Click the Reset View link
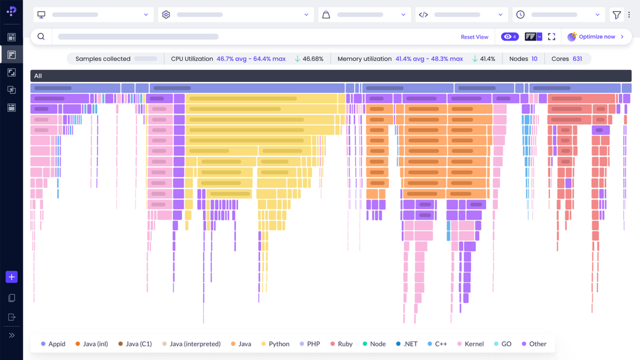coord(474,37)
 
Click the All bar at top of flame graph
coord(331,76)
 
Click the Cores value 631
coord(577,59)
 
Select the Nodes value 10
coord(534,59)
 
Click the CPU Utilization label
coord(192,59)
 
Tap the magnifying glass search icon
coord(41,37)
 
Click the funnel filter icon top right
coord(617,15)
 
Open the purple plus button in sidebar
coord(12,277)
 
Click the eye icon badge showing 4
coord(510,37)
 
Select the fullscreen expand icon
coord(551,37)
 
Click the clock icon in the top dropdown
coord(521,15)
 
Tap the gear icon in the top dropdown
coord(166,15)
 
